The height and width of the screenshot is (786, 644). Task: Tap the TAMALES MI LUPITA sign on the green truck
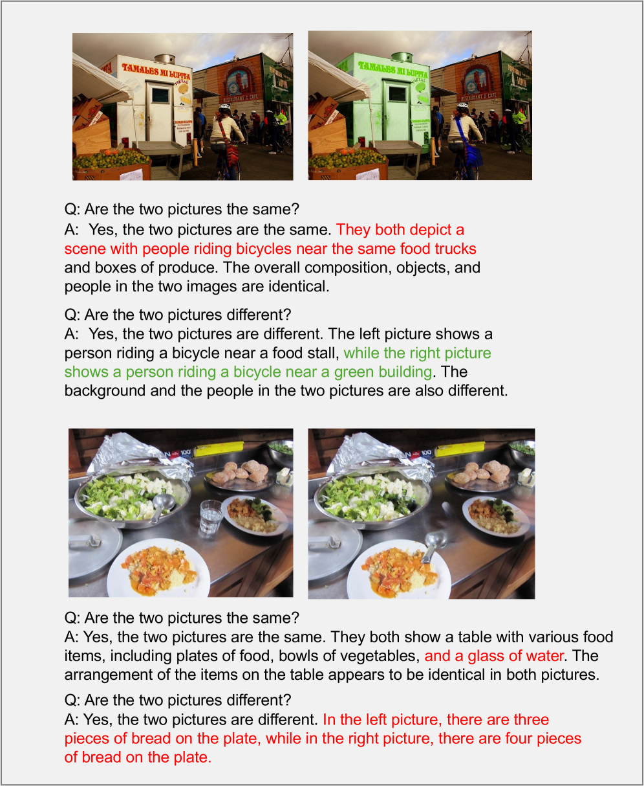click(393, 69)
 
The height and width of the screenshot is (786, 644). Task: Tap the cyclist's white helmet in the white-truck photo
click(224, 107)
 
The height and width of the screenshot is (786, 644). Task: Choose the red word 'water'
click(545, 657)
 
